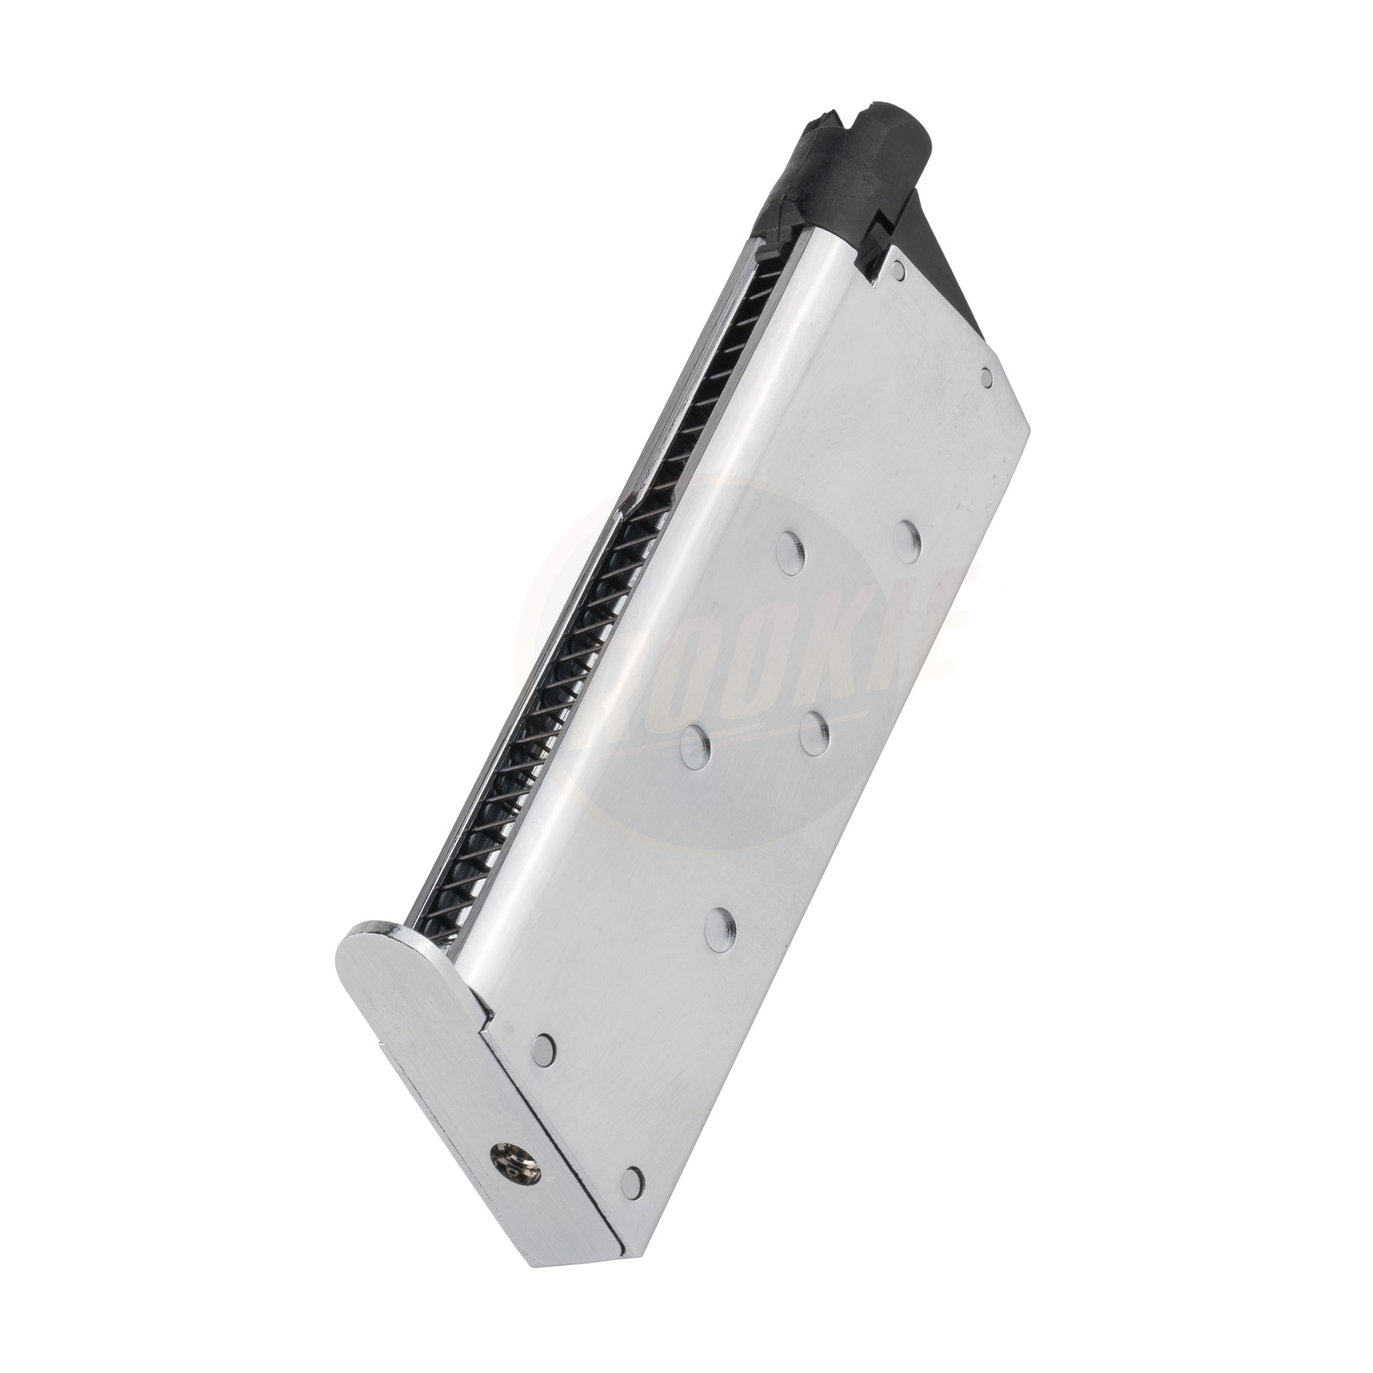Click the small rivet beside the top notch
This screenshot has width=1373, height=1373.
[x=901, y=269]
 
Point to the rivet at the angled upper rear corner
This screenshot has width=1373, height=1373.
[x=985, y=376]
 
